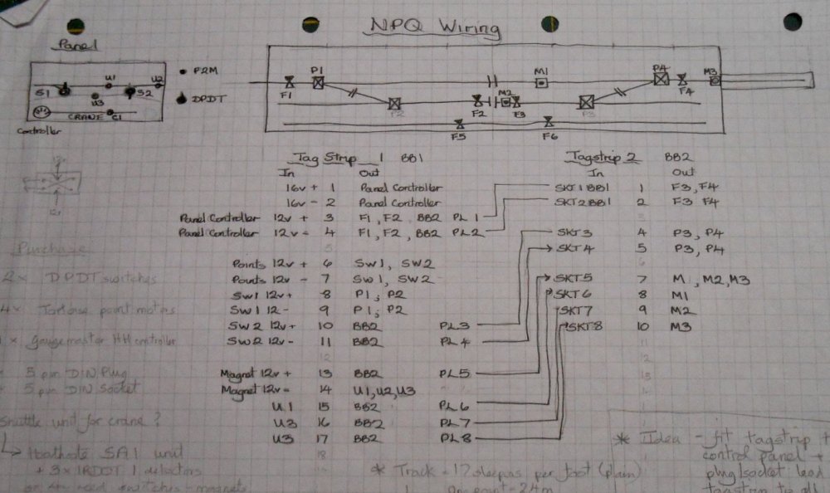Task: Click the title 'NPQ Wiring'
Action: (x=435, y=28)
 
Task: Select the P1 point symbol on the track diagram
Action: (x=317, y=82)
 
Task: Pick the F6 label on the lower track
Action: (x=548, y=135)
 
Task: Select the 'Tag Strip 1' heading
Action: (x=342, y=157)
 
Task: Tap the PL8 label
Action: (x=456, y=438)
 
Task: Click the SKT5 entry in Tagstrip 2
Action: (x=569, y=279)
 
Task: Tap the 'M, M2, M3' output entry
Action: (x=710, y=280)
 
